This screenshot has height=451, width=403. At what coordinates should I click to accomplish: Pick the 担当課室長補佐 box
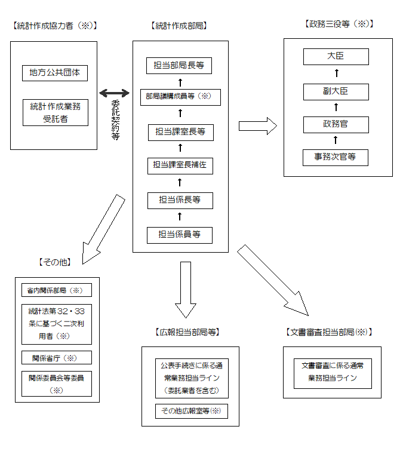point(180,165)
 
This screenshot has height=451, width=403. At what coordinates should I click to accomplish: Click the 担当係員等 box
point(180,235)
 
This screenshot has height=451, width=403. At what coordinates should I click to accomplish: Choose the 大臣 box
point(336,57)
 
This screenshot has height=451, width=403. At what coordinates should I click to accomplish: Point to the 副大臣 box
point(336,91)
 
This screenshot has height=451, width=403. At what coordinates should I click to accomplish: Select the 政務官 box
point(336,125)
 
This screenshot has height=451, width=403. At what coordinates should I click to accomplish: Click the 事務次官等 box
point(336,158)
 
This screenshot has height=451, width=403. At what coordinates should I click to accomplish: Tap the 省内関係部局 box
point(57,290)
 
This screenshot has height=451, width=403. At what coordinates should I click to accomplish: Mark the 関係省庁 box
point(57,358)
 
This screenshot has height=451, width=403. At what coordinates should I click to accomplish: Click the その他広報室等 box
point(191,411)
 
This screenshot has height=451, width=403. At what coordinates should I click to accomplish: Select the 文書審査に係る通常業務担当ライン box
point(332,372)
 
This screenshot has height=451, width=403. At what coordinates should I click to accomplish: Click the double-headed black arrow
point(114,93)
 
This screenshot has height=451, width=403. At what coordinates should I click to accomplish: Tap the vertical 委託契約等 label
point(115,119)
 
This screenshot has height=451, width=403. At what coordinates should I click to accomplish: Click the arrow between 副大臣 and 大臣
point(336,74)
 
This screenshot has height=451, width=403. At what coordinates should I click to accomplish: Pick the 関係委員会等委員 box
point(57,383)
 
